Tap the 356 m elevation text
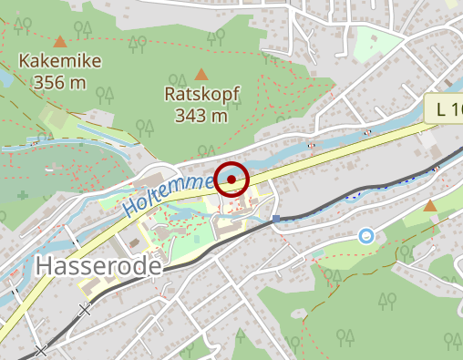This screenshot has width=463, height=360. pos(59,83)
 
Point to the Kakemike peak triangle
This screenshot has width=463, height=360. pos(60,41)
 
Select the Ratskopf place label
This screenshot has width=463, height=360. pos(201,95)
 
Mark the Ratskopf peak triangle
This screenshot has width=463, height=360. pos(201,74)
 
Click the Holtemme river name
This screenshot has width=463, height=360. pos(170,194)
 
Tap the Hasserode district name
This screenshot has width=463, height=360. pos(98,266)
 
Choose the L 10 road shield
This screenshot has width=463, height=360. pos(447,109)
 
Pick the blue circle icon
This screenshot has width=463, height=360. pos(366,236)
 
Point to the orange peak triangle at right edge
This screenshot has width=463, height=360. pos(430,207)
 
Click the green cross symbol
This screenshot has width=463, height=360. pos(22,195)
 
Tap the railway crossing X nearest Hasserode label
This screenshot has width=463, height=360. pos(86,311)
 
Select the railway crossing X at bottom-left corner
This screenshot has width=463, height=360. pos(40,350)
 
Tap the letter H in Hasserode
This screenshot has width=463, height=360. pos(44,266)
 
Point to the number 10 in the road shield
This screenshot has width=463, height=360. pos(455,109)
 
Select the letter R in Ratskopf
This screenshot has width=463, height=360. pos(170,95)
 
